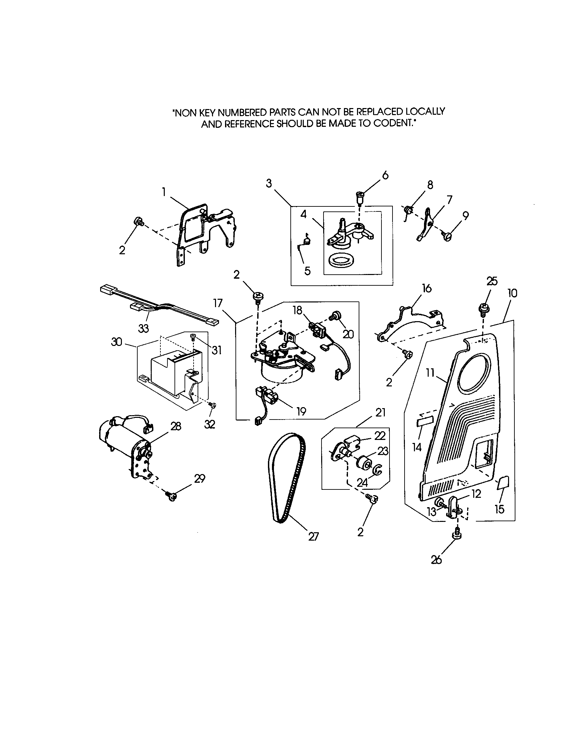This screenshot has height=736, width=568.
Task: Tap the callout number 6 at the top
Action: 385,175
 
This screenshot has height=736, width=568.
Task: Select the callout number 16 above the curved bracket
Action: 427,288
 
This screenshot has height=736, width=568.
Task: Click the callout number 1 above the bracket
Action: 163,192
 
